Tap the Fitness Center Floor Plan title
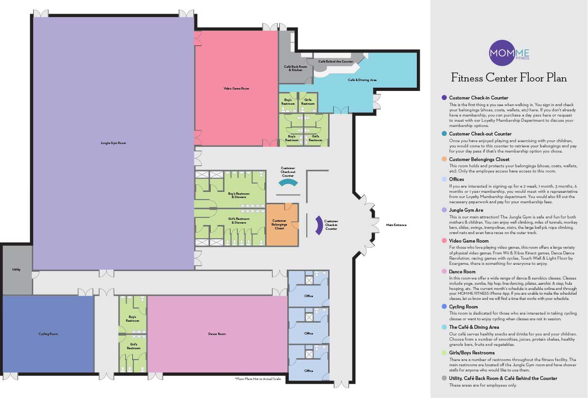coord(509,78)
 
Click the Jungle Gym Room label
coord(113,143)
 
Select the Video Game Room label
coord(236,89)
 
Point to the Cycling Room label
coord(48,334)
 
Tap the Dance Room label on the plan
coord(217,334)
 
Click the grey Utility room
coord(17,270)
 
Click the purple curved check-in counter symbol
coord(319,224)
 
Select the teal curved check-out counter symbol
coord(288,183)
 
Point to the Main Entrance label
coord(396,225)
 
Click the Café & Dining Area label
coord(362,80)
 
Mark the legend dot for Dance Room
coord(444,271)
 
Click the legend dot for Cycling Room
coord(444,307)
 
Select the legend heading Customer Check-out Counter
coord(480,134)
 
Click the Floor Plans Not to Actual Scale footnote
coord(257,379)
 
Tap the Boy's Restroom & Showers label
coord(239,195)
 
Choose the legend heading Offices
coord(456,179)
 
